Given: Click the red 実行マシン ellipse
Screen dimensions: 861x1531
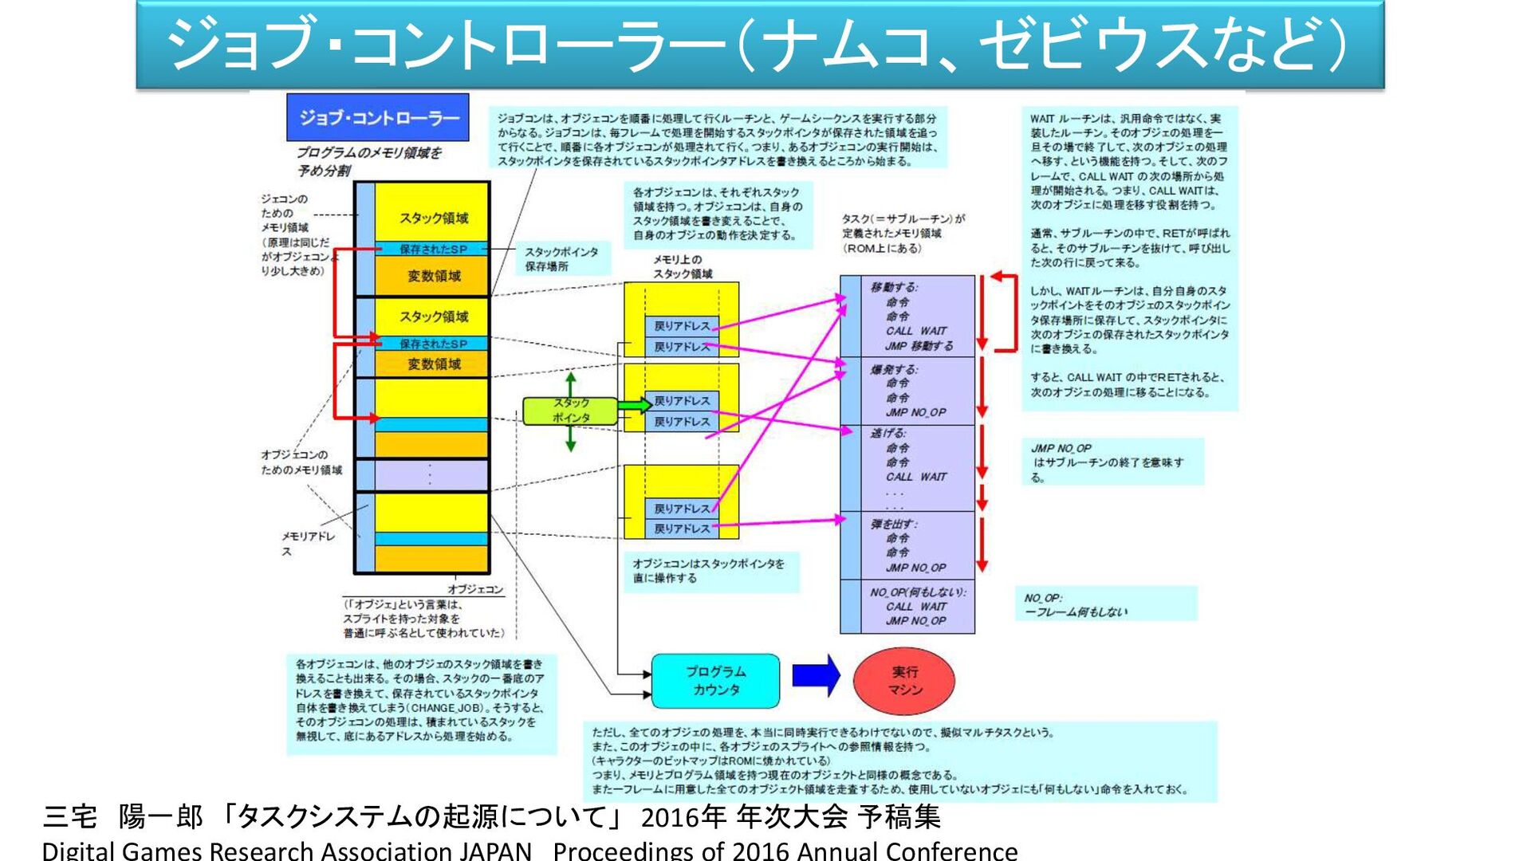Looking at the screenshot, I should point(903,680).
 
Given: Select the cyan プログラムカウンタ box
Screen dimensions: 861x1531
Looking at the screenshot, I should point(715,681).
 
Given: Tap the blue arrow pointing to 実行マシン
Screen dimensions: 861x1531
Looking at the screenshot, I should point(815,675).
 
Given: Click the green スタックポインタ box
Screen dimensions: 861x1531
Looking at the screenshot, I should point(570,411).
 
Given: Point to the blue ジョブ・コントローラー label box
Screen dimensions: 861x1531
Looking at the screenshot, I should point(377,117).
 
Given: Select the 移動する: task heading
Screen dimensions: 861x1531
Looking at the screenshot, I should point(894,287).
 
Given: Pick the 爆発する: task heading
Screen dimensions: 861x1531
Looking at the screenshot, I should point(894,369).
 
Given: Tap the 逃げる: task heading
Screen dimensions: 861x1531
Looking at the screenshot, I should point(888,433).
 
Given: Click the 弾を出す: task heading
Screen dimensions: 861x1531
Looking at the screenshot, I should point(894,524).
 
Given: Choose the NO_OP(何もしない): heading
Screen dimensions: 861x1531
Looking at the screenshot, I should point(918,592).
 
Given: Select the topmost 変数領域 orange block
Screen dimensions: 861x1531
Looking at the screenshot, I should point(433,276).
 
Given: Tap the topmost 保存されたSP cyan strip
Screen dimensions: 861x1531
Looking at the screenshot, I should point(433,249).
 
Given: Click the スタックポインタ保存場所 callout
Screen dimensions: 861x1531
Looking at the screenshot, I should point(561,259).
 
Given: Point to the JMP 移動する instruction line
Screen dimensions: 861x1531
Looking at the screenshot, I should point(919,346).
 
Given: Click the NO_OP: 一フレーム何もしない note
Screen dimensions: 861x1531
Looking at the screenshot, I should point(1105,604).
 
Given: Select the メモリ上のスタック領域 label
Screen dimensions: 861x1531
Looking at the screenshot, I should point(683,266).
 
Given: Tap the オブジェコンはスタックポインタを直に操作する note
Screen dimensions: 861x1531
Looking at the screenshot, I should point(709,571).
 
